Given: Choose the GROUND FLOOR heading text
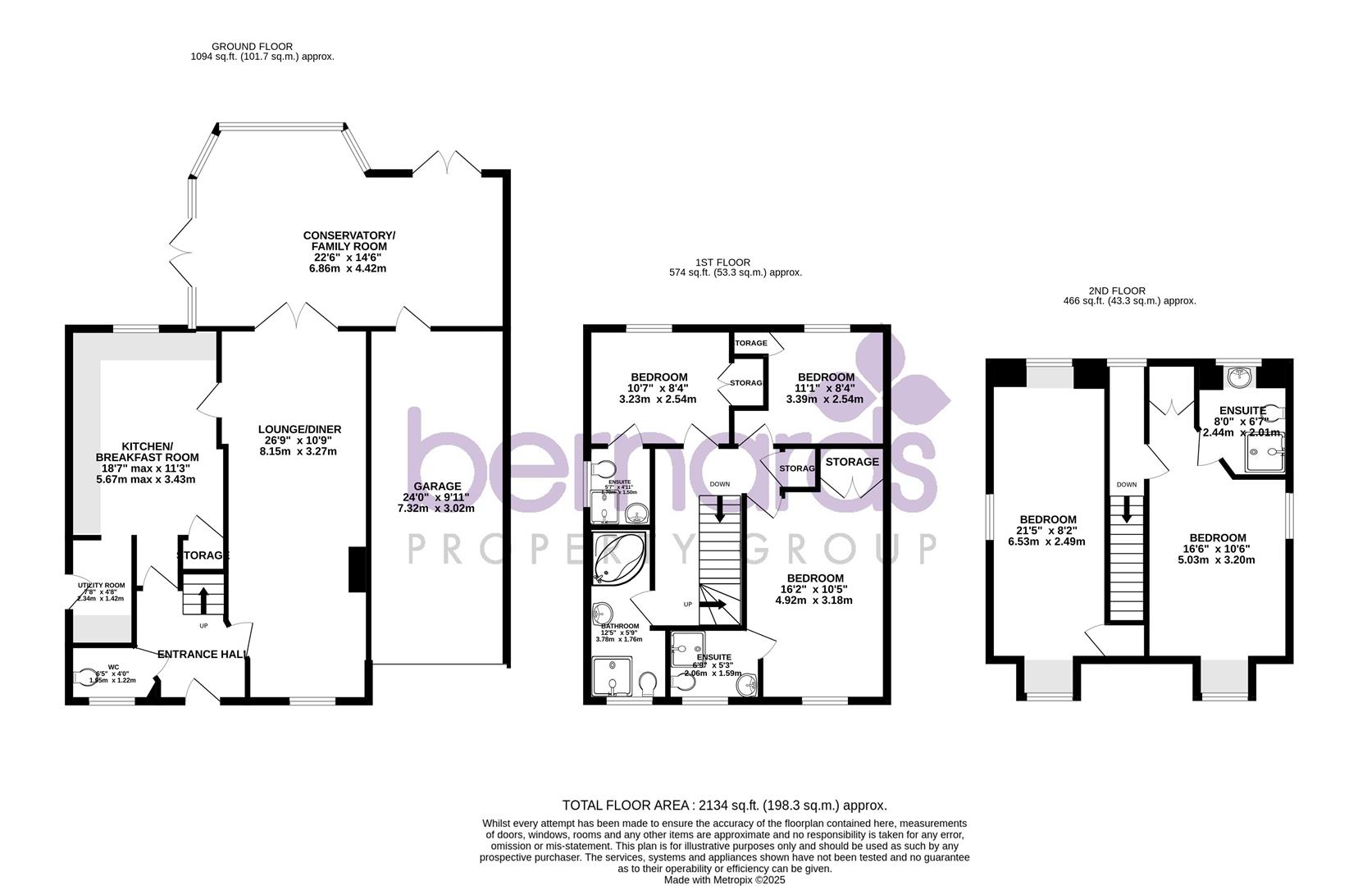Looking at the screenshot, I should point(252,47).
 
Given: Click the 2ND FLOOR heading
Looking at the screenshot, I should point(1116,290).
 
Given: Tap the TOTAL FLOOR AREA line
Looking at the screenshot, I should point(724,806).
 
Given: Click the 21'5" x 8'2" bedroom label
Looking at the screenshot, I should point(1047,530).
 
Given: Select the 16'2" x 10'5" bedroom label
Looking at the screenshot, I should point(813,589).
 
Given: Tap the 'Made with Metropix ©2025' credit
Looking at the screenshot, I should point(724,879).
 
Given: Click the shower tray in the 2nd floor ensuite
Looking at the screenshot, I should point(1263,452).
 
